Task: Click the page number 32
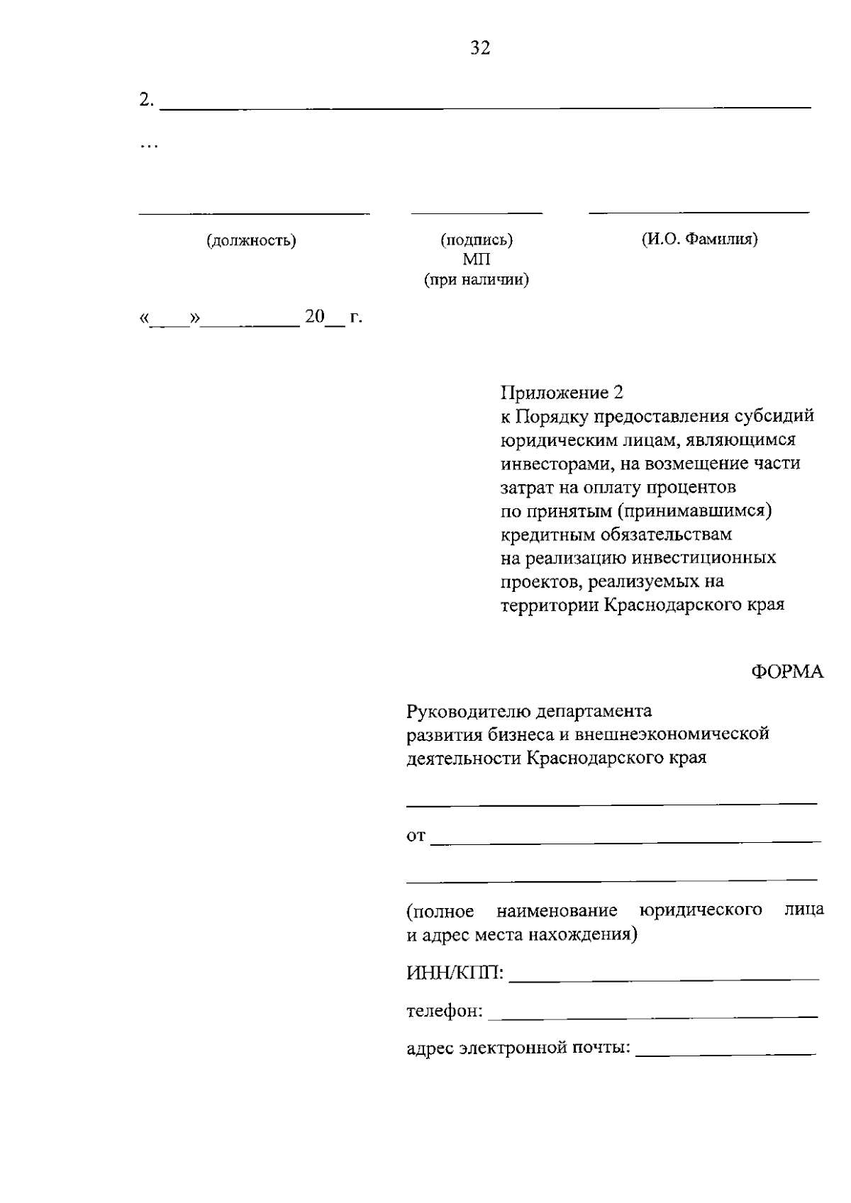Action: coord(480,48)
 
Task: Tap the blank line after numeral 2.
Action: coord(486,106)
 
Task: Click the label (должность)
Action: coord(251,240)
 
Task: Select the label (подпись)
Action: coord(477,240)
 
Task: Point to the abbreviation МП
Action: coord(477,259)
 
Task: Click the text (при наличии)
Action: coord(477,280)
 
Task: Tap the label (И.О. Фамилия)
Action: coord(700,239)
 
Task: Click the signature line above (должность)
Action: coord(254,213)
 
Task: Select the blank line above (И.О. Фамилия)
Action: coord(699,212)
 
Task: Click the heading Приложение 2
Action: coord(562,392)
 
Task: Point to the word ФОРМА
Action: coord(787,672)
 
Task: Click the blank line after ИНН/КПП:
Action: coord(664,979)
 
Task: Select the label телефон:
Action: coord(445,1010)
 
